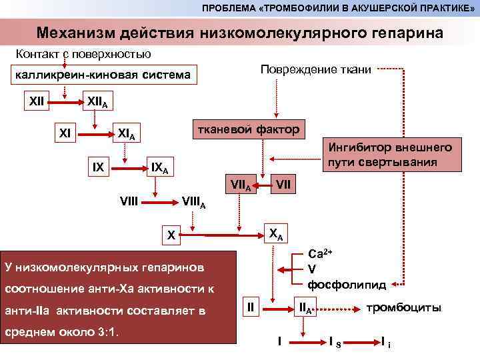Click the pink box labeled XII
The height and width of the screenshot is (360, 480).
coord(36,102)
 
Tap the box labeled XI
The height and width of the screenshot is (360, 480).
coord(65,132)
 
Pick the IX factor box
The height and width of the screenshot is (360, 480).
coord(98,167)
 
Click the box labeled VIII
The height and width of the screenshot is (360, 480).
coord(129,198)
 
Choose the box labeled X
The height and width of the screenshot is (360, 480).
coord(171,235)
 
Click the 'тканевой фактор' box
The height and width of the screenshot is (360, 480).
coord(245,129)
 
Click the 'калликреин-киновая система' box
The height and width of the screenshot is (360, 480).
coord(103,75)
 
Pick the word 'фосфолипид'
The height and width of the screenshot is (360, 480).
coord(347,285)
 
